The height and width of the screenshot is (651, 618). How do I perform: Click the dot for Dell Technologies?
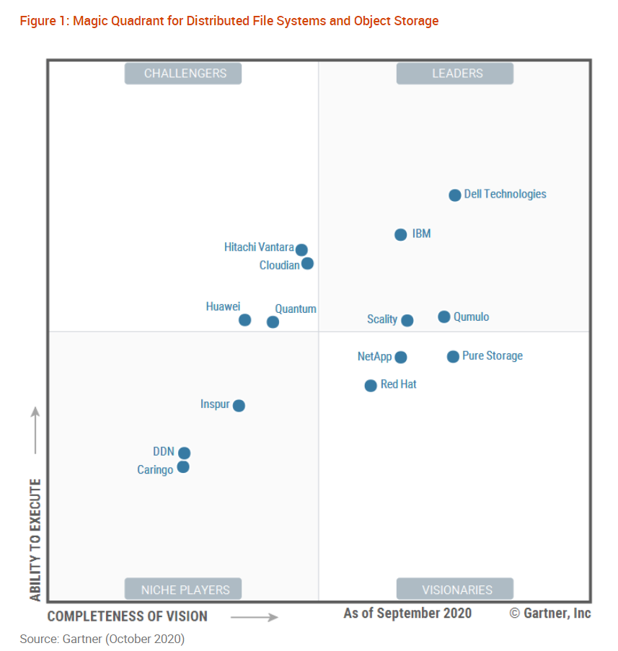pyautogui.click(x=455, y=195)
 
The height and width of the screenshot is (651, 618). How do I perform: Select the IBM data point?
pyautogui.click(x=401, y=234)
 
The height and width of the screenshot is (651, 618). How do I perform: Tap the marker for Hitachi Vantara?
pyautogui.click(x=301, y=250)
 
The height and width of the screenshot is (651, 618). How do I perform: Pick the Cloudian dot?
pyautogui.click(x=307, y=263)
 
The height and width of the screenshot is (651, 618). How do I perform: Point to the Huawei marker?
pyautogui.click(x=245, y=319)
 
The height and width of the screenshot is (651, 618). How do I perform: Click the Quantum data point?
pyautogui.click(x=273, y=322)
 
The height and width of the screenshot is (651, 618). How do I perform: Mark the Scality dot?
pyautogui.click(x=407, y=320)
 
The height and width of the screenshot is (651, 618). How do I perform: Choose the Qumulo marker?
pyautogui.click(x=444, y=316)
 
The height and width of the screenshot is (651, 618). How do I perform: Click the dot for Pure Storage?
pyautogui.click(x=453, y=356)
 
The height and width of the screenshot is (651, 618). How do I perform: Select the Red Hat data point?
pyautogui.click(x=371, y=386)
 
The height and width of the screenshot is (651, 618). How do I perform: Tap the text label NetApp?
pyautogui.click(x=374, y=356)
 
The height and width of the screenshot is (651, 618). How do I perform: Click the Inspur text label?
pyautogui.click(x=215, y=404)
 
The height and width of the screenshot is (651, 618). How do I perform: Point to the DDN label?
pyautogui.click(x=164, y=452)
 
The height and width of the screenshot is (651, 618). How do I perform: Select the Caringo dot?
pyautogui.click(x=183, y=467)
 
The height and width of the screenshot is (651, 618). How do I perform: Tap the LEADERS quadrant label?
pyautogui.click(x=455, y=74)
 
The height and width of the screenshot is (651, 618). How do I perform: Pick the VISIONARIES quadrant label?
pyautogui.click(x=455, y=589)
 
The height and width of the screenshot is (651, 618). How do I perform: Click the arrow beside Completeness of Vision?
pyautogui.click(x=255, y=616)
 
